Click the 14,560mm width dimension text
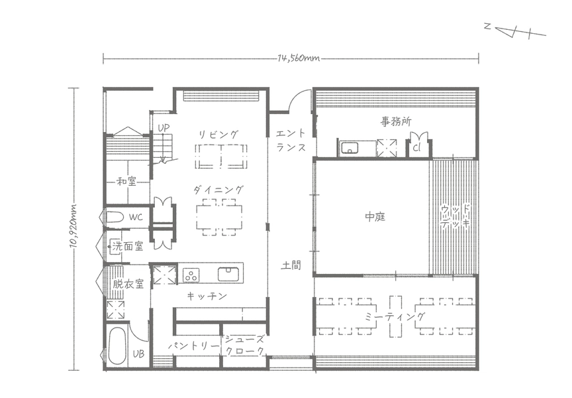click(x=299, y=58)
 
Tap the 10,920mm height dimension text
click(x=73, y=226)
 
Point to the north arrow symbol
click(x=514, y=31)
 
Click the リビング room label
click(x=218, y=134)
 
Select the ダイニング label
click(x=218, y=190)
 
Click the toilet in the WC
click(x=115, y=217)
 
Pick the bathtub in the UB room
click(x=117, y=345)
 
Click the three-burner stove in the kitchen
click(x=191, y=275)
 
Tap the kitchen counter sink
click(x=228, y=274)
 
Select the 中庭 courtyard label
click(x=375, y=217)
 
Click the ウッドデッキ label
click(x=455, y=217)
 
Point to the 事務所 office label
click(x=396, y=121)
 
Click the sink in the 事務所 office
click(x=350, y=149)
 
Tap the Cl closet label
click(x=416, y=148)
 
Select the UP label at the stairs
click(x=164, y=128)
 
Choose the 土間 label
click(x=291, y=265)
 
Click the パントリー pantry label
click(x=194, y=346)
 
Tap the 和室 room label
click(x=126, y=181)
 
